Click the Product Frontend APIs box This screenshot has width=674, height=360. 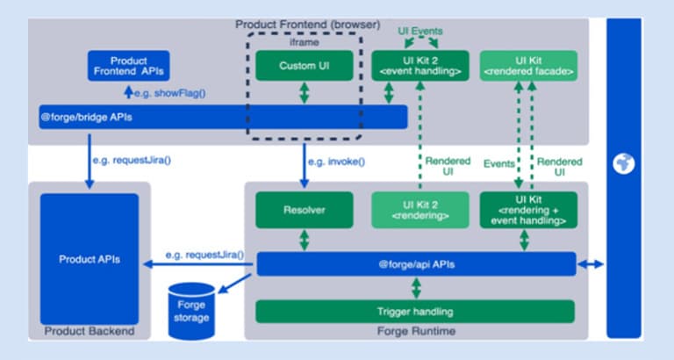click(x=128, y=66)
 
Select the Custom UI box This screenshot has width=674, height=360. click(x=305, y=65)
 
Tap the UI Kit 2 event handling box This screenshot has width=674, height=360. click(x=420, y=65)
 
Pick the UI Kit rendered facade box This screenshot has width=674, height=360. click(x=528, y=65)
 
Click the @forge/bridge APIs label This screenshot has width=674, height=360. click(x=86, y=117)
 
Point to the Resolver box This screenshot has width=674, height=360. click(x=305, y=210)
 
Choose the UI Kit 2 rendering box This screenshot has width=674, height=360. click(x=420, y=210)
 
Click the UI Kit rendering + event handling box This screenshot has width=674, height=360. click(x=528, y=210)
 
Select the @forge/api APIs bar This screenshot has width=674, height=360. click(x=417, y=264)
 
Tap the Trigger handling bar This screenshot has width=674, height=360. click(x=415, y=312)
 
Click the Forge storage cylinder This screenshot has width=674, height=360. click(x=191, y=311)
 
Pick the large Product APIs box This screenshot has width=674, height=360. click(x=90, y=259)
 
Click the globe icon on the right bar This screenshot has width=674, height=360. click(x=623, y=163)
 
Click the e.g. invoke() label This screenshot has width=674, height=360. click(x=337, y=162)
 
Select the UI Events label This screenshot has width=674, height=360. click(x=420, y=31)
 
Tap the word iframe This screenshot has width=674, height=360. click(x=305, y=42)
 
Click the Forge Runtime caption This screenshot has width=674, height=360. click(x=416, y=331)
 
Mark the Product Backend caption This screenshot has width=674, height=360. click(x=90, y=331)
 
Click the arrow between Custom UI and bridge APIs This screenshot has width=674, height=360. click(x=305, y=93)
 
